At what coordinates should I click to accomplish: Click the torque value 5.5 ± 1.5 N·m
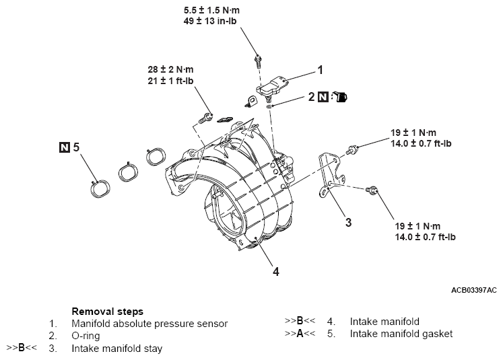(215, 11)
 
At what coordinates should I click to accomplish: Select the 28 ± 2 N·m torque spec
(171, 69)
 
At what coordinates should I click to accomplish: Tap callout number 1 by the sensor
(320, 69)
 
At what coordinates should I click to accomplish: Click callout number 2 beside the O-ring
(310, 97)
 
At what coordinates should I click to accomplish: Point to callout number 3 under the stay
(348, 222)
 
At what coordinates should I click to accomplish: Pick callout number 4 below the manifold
(275, 271)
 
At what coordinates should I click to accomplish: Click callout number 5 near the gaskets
(77, 146)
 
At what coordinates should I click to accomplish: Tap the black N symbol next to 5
(64, 146)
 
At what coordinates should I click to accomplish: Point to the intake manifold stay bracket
(329, 173)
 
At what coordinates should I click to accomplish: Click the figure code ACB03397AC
(474, 290)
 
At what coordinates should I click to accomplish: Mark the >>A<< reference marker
(300, 333)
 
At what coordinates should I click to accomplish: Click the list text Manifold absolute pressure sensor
(149, 324)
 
